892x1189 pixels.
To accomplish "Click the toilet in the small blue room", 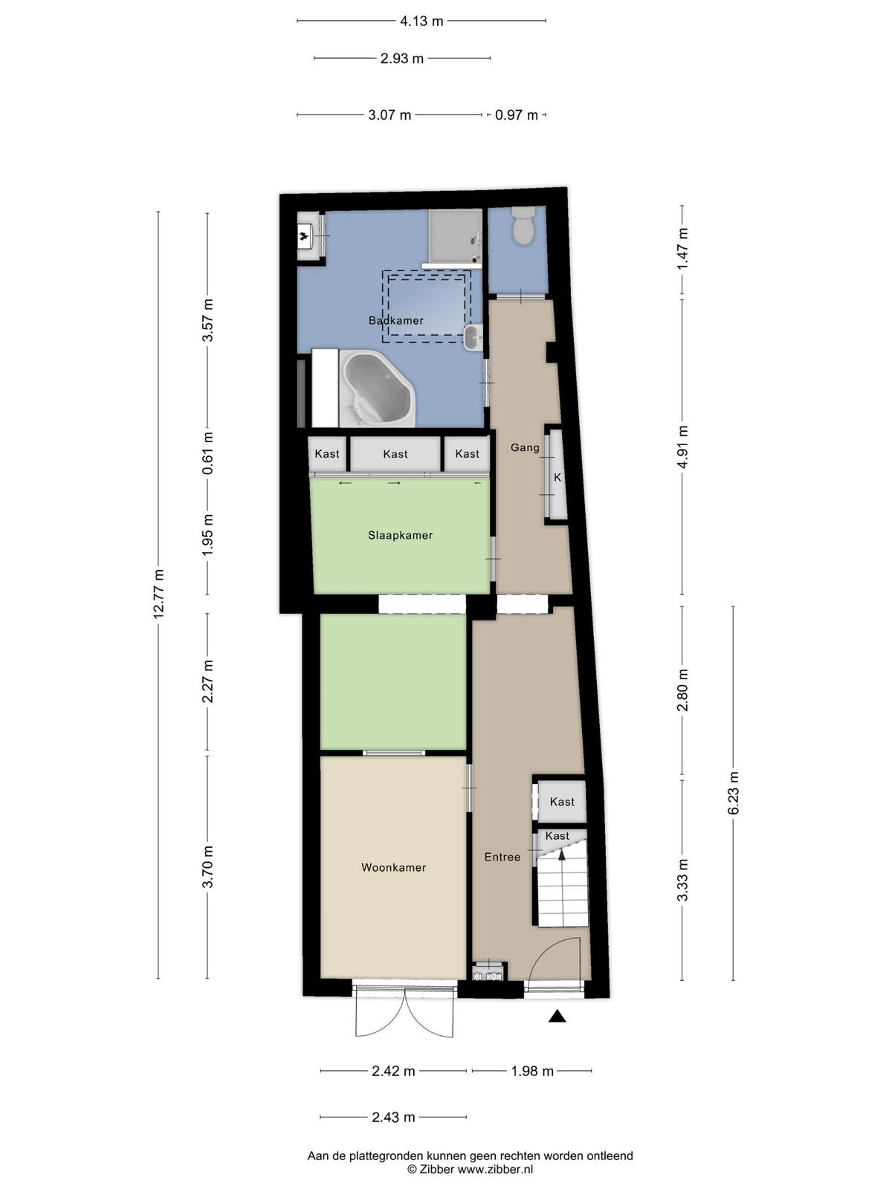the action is click(x=523, y=225).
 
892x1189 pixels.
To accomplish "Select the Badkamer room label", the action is click(x=396, y=320).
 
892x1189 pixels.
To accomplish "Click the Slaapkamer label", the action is click(x=400, y=535).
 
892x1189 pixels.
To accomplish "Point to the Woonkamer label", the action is click(x=394, y=867).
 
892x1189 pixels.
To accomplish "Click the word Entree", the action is click(x=502, y=857).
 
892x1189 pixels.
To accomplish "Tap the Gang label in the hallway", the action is click(x=525, y=447).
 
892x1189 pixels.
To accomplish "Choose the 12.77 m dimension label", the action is click(x=158, y=594).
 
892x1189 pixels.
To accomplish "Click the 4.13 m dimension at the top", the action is click(x=421, y=21).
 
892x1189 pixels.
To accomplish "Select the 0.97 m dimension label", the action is click(x=516, y=115).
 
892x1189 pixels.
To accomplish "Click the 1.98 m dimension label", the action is click(x=532, y=1071).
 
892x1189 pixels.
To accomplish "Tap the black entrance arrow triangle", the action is click(x=557, y=1016).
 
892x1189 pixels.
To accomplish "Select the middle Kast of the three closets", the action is click(x=395, y=454).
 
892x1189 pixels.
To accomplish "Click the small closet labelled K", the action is click(x=557, y=478).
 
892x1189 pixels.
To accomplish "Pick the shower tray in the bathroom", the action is click(x=455, y=236).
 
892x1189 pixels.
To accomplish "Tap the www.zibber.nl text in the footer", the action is click(x=495, y=1170).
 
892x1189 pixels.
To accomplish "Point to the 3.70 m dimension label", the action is click(x=207, y=866).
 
